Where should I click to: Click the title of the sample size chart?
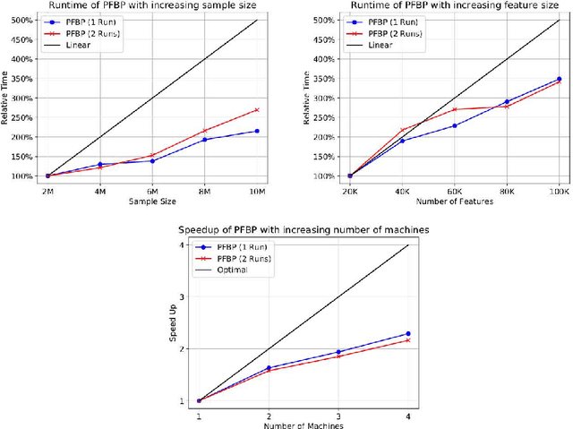(150, 6)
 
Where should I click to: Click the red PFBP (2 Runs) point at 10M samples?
(257, 110)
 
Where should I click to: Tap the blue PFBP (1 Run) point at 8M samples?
(205, 139)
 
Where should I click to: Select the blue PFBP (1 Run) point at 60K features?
(454, 125)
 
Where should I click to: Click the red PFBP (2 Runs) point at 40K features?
(402, 131)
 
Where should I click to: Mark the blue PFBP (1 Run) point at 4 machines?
(408, 334)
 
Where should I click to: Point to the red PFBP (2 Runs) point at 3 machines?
(338, 356)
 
